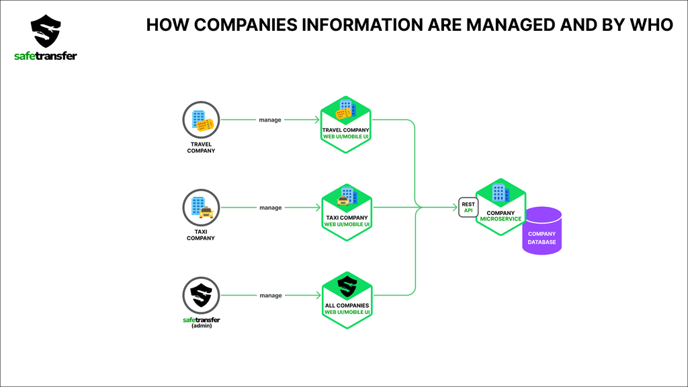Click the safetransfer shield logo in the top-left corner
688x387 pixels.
click(x=46, y=31)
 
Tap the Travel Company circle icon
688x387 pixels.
click(x=201, y=120)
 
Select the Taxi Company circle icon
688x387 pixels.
click(x=201, y=208)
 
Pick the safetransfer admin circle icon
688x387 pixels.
click(x=201, y=296)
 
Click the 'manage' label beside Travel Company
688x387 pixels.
click(x=270, y=120)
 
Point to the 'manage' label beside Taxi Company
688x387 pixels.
click(x=270, y=208)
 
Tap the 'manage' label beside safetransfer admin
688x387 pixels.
click(x=271, y=296)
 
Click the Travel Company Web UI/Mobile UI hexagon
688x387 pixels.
click(x=346, y=124)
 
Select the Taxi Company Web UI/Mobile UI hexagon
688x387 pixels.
click(x=347, y=212)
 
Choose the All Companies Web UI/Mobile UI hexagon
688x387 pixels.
click(x=347, y=300)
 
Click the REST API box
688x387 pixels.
click(x=468, y=207)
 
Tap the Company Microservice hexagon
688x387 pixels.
click(x=501, y=207)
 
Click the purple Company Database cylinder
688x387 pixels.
click(x=542, y=231)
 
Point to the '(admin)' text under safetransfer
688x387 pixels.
click(x=202, y=326)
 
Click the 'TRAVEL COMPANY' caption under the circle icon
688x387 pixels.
click(x=201, y=147)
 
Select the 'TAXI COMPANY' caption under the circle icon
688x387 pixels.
click(x=200, y=234)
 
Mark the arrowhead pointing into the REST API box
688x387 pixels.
click(x=455, y=207)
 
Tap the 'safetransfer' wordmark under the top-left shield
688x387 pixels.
click(x=46, y=56)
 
